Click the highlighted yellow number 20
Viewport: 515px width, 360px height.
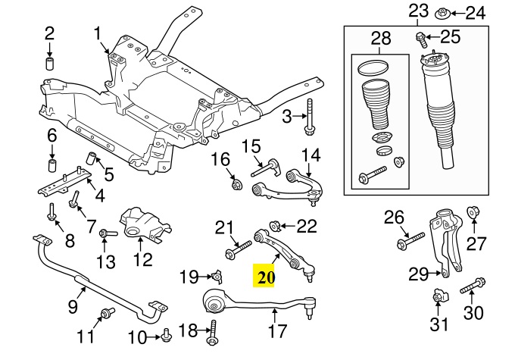[265, 277]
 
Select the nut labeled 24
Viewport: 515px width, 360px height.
[445, 14]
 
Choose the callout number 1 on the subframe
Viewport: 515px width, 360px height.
[98, 33]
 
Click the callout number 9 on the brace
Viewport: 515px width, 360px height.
[73, 307]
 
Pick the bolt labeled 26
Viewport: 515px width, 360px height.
[404, 243]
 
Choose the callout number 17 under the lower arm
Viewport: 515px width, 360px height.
[277, 330]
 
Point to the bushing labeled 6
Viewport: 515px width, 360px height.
[53, 166]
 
